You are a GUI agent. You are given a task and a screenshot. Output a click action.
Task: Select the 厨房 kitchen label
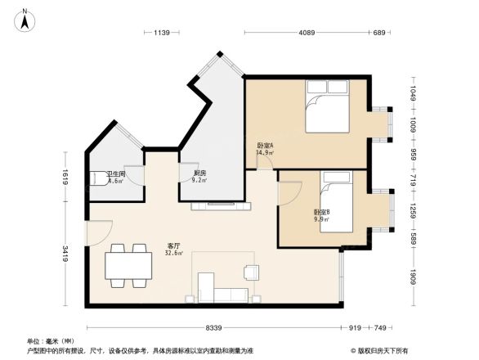pos(199,173)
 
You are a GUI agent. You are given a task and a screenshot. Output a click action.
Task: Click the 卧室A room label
pos(265,146)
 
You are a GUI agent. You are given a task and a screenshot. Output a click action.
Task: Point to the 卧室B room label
pos(321,213)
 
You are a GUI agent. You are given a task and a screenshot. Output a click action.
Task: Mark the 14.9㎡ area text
pos(265,153)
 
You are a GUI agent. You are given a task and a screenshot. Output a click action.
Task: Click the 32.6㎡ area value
pos(174,254)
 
